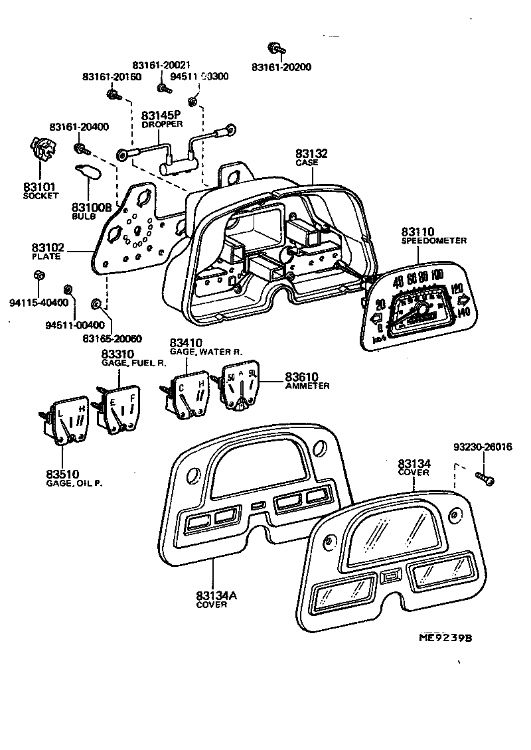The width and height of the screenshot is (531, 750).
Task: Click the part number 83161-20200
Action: point(281,68)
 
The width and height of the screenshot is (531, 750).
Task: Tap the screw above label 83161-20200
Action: point(273,48)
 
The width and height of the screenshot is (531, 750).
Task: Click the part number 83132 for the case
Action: point(312,153)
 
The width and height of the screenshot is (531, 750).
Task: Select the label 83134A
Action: point(216,595)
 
